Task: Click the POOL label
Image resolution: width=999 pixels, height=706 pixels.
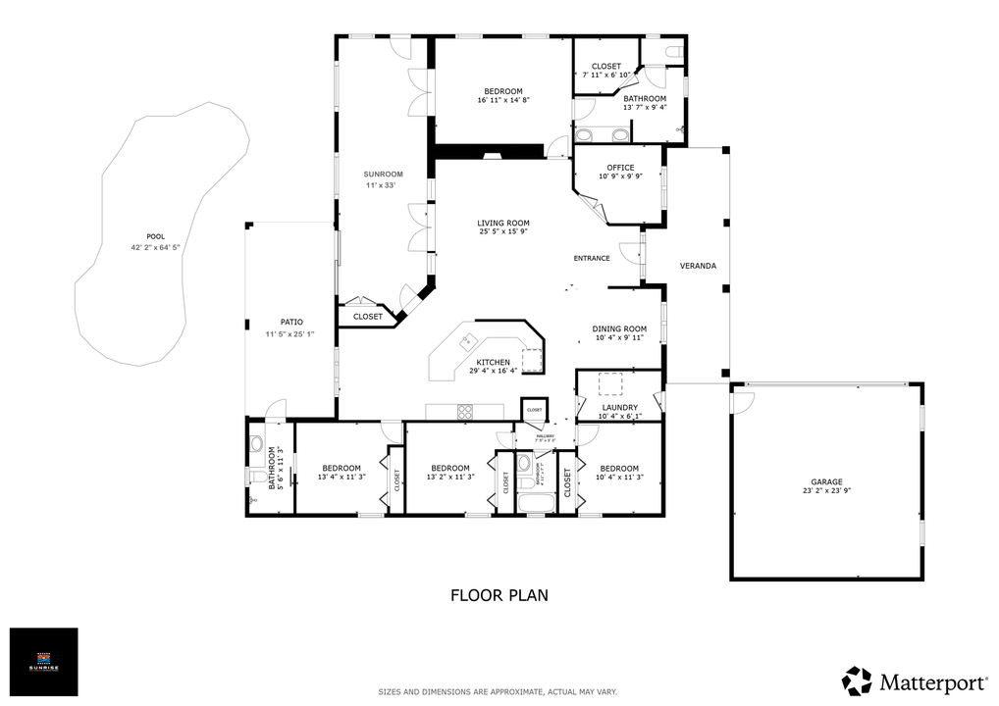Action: [155, 236]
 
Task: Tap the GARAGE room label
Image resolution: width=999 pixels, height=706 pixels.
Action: [826, 482]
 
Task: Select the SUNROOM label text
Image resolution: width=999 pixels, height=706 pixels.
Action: [384, 174]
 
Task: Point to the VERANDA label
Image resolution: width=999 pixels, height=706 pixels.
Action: [698, 266]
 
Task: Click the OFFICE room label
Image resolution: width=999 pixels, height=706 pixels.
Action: [620, 168]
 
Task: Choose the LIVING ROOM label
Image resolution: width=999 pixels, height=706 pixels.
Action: [503, 223]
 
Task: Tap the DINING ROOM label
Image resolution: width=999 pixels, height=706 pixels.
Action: [619, 328]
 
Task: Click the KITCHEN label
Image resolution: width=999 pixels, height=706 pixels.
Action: [493, 362]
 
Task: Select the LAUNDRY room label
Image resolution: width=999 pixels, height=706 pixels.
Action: [620, 407]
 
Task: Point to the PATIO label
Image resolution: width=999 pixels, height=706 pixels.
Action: [291, 322]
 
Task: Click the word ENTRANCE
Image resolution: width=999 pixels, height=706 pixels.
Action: [592, 259]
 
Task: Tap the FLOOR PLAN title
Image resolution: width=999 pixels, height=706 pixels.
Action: [499, 594]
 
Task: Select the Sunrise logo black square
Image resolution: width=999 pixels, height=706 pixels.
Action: [43, 662]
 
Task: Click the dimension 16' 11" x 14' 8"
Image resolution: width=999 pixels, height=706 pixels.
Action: [503, 100]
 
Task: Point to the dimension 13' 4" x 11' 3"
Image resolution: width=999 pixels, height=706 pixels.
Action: [342, 478]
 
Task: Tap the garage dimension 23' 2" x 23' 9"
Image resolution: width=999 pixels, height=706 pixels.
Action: [826, 492]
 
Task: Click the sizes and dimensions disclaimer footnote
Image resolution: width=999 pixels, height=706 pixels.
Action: [499, 692]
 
